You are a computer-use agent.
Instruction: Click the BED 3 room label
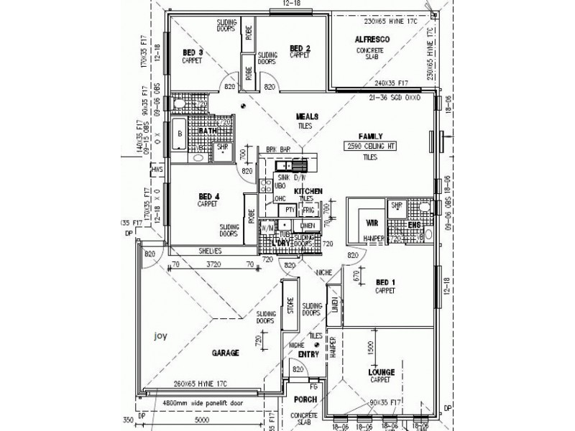click(192, 52)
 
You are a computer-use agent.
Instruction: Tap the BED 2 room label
click(300, 48)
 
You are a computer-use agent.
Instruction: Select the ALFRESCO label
click(372, 40)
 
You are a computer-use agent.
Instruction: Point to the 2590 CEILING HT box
click(372, 147)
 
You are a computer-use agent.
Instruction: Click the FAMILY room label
click(371, 136)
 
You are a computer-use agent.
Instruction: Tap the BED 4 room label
click(207, 195)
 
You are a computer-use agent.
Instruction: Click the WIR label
click(372, 223)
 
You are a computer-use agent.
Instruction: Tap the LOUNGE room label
click(382, 372)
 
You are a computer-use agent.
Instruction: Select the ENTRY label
click(308, 353)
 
